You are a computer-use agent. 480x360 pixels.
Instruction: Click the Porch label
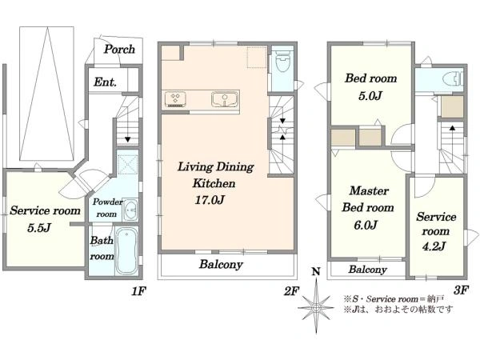119,50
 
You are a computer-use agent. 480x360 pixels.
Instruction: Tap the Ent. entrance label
105,82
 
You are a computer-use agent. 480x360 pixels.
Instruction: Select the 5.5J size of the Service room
39,228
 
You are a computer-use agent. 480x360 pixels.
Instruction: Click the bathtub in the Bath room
126,251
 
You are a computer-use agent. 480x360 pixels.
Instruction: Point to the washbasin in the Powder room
131,210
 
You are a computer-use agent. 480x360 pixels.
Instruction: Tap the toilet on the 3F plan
452,78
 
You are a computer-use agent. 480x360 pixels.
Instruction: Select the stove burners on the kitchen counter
175,99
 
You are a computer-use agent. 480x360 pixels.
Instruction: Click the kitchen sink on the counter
225,98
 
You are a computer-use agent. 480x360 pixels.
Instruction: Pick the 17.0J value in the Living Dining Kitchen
210,200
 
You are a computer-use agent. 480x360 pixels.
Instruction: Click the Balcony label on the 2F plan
221,264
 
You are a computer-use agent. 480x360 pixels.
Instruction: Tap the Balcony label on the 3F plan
367,270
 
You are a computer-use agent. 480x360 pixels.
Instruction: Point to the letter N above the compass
316,271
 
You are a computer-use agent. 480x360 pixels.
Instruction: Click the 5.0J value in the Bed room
370,96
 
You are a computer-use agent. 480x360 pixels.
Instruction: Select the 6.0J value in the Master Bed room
366,226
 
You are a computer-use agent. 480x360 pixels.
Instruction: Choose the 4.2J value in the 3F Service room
434,246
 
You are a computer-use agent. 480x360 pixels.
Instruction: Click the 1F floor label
138,291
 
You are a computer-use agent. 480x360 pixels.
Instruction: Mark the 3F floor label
461,290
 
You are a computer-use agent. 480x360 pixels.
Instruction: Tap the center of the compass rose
316,307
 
